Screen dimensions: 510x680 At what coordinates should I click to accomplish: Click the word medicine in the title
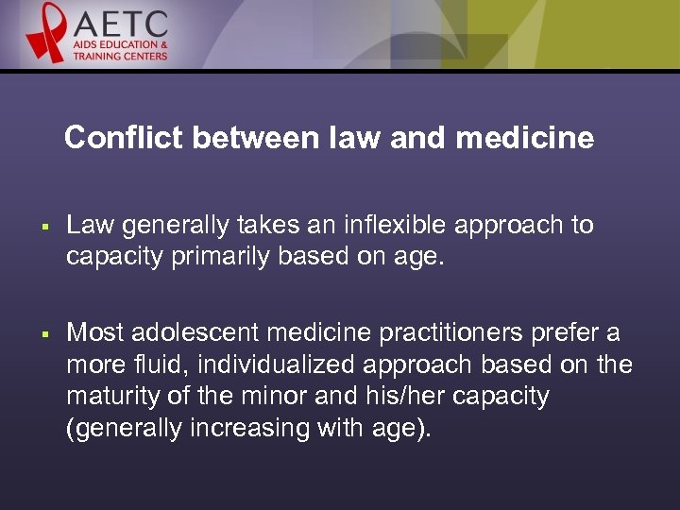(x=524, y=139)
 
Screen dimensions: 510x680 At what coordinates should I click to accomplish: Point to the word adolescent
(x=195, y=332)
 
